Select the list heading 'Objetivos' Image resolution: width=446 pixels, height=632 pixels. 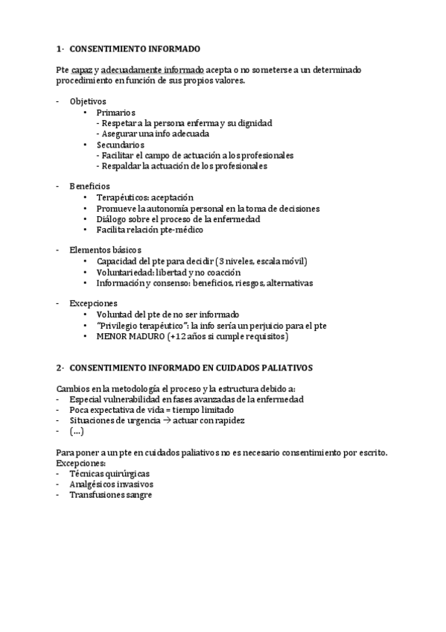(88, 101)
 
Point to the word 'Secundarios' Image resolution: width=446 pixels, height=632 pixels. (120, 145)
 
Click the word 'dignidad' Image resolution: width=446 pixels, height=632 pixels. (255, 123)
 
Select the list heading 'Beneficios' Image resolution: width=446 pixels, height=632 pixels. (89, 186)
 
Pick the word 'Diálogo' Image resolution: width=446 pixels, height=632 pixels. (112, 219)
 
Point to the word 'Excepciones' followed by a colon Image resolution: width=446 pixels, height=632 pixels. (78, 464)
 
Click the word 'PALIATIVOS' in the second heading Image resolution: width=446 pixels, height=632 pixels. (287, 368)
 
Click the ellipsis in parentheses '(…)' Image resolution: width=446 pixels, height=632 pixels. (77, 432)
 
